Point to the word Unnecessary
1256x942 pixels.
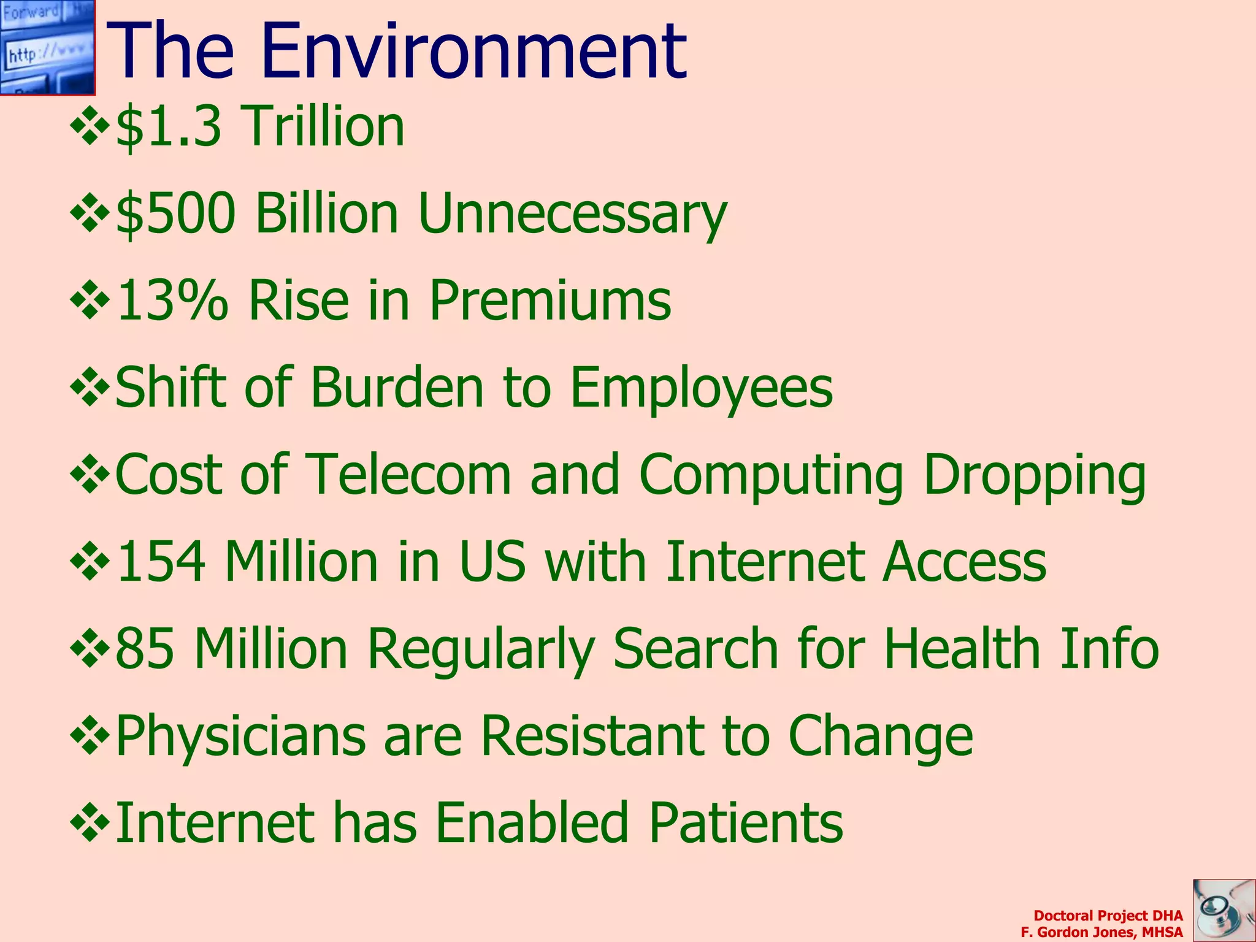[572, 215]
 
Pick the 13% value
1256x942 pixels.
[172, 301]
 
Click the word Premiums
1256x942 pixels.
[550, 301]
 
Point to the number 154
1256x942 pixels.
[161, 562]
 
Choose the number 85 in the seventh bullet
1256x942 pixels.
[145, 649]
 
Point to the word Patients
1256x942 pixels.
[746, 823]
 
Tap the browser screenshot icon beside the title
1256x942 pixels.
[47, 47]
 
